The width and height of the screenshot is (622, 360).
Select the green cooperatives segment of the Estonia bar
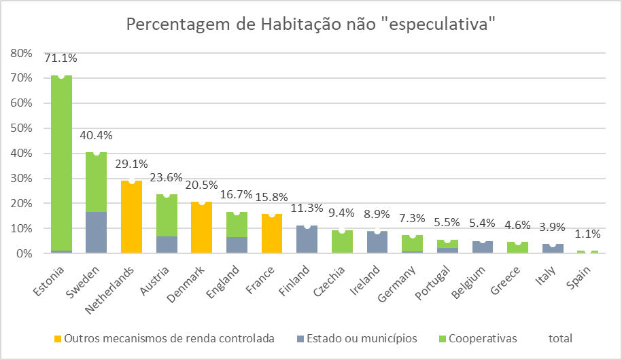[x=61, y=163]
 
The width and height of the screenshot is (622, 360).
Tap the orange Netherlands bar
[x=131, y=217]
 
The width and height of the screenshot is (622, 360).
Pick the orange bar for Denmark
[x=202, y=228]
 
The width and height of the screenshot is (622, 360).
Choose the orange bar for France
[x=272, y=234]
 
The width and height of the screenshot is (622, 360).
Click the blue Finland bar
[x=307, y=240]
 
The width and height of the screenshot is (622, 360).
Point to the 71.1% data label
[x=61, y=58]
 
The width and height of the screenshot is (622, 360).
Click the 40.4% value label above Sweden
[x=97, y=136]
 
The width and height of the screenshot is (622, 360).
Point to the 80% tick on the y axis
[x=21, y=53]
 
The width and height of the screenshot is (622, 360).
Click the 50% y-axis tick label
[x=21, y=128]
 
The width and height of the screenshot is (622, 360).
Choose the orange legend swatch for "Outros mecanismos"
[x=58, y=338]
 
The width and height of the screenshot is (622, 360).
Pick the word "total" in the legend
[x=561, y=338]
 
